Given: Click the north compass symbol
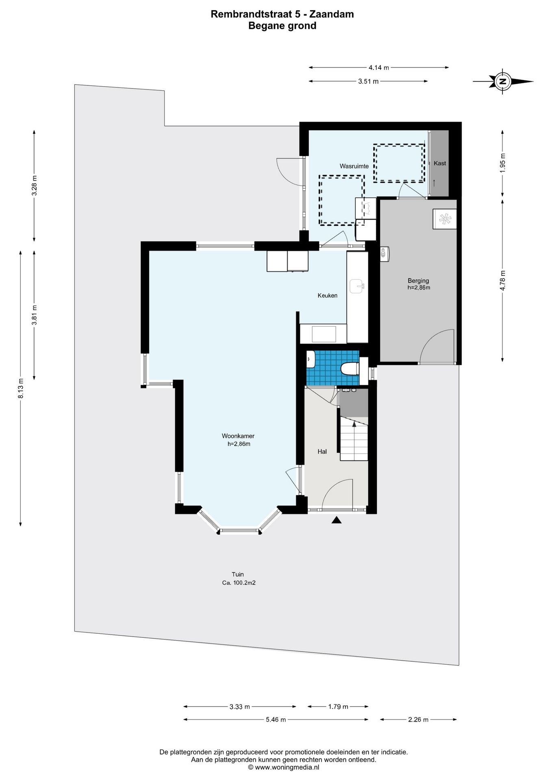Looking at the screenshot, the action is tap(503, 81).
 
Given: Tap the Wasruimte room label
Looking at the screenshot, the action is tap(354, 166).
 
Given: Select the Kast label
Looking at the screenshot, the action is tap(440, 163).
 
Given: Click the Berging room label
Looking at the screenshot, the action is tap(418, 280).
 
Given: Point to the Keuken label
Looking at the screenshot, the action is tap(328, 295).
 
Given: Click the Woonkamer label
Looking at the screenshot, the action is tap(238, 436).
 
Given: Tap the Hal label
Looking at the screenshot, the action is tap(322, 452).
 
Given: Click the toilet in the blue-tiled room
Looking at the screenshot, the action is tap(349, 369).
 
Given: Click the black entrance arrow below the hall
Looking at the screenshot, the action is tap(336, 520).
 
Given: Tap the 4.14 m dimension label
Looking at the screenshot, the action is tap(379, 68).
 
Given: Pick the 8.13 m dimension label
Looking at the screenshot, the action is tap(21, 388).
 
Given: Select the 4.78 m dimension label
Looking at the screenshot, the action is tap(503, 280).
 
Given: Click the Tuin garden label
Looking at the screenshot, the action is tap(238, 574).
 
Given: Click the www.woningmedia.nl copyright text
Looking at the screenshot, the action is tap(284, 767).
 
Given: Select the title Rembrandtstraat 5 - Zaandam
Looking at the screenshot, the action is tap(282, 14).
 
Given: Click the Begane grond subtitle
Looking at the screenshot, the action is tap(282, 26).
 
